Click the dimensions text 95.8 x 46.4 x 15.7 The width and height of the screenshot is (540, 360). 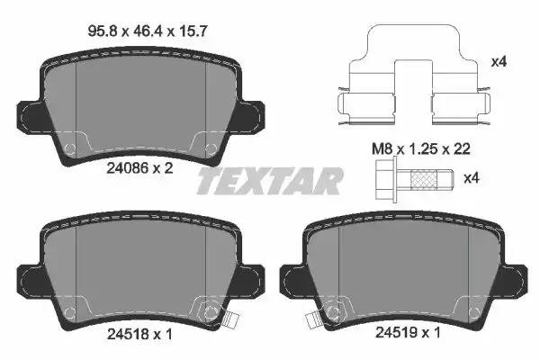[148, 32]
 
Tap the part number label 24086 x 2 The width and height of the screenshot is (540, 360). [139, 168]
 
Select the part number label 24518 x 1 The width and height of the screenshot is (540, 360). [139, 334]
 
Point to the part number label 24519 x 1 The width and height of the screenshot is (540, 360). [408, 333]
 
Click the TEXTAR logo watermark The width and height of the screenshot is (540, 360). [270, 181]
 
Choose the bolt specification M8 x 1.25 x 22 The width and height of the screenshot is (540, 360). [421, 149]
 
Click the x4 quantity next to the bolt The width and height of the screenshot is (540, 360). [472, 178]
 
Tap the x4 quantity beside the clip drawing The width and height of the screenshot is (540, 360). [499, 62]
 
